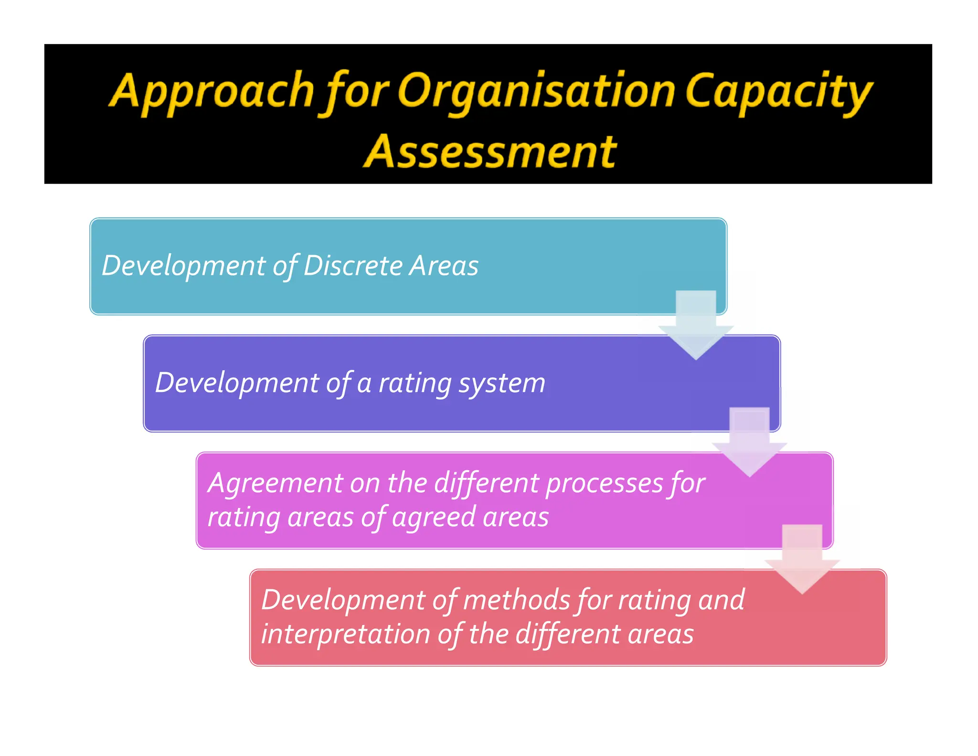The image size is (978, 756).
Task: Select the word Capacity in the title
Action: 778,91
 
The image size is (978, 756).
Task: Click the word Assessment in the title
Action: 490,151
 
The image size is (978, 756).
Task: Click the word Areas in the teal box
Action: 445,265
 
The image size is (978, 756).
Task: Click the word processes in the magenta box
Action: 604,484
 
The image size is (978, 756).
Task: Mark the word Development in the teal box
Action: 183,265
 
